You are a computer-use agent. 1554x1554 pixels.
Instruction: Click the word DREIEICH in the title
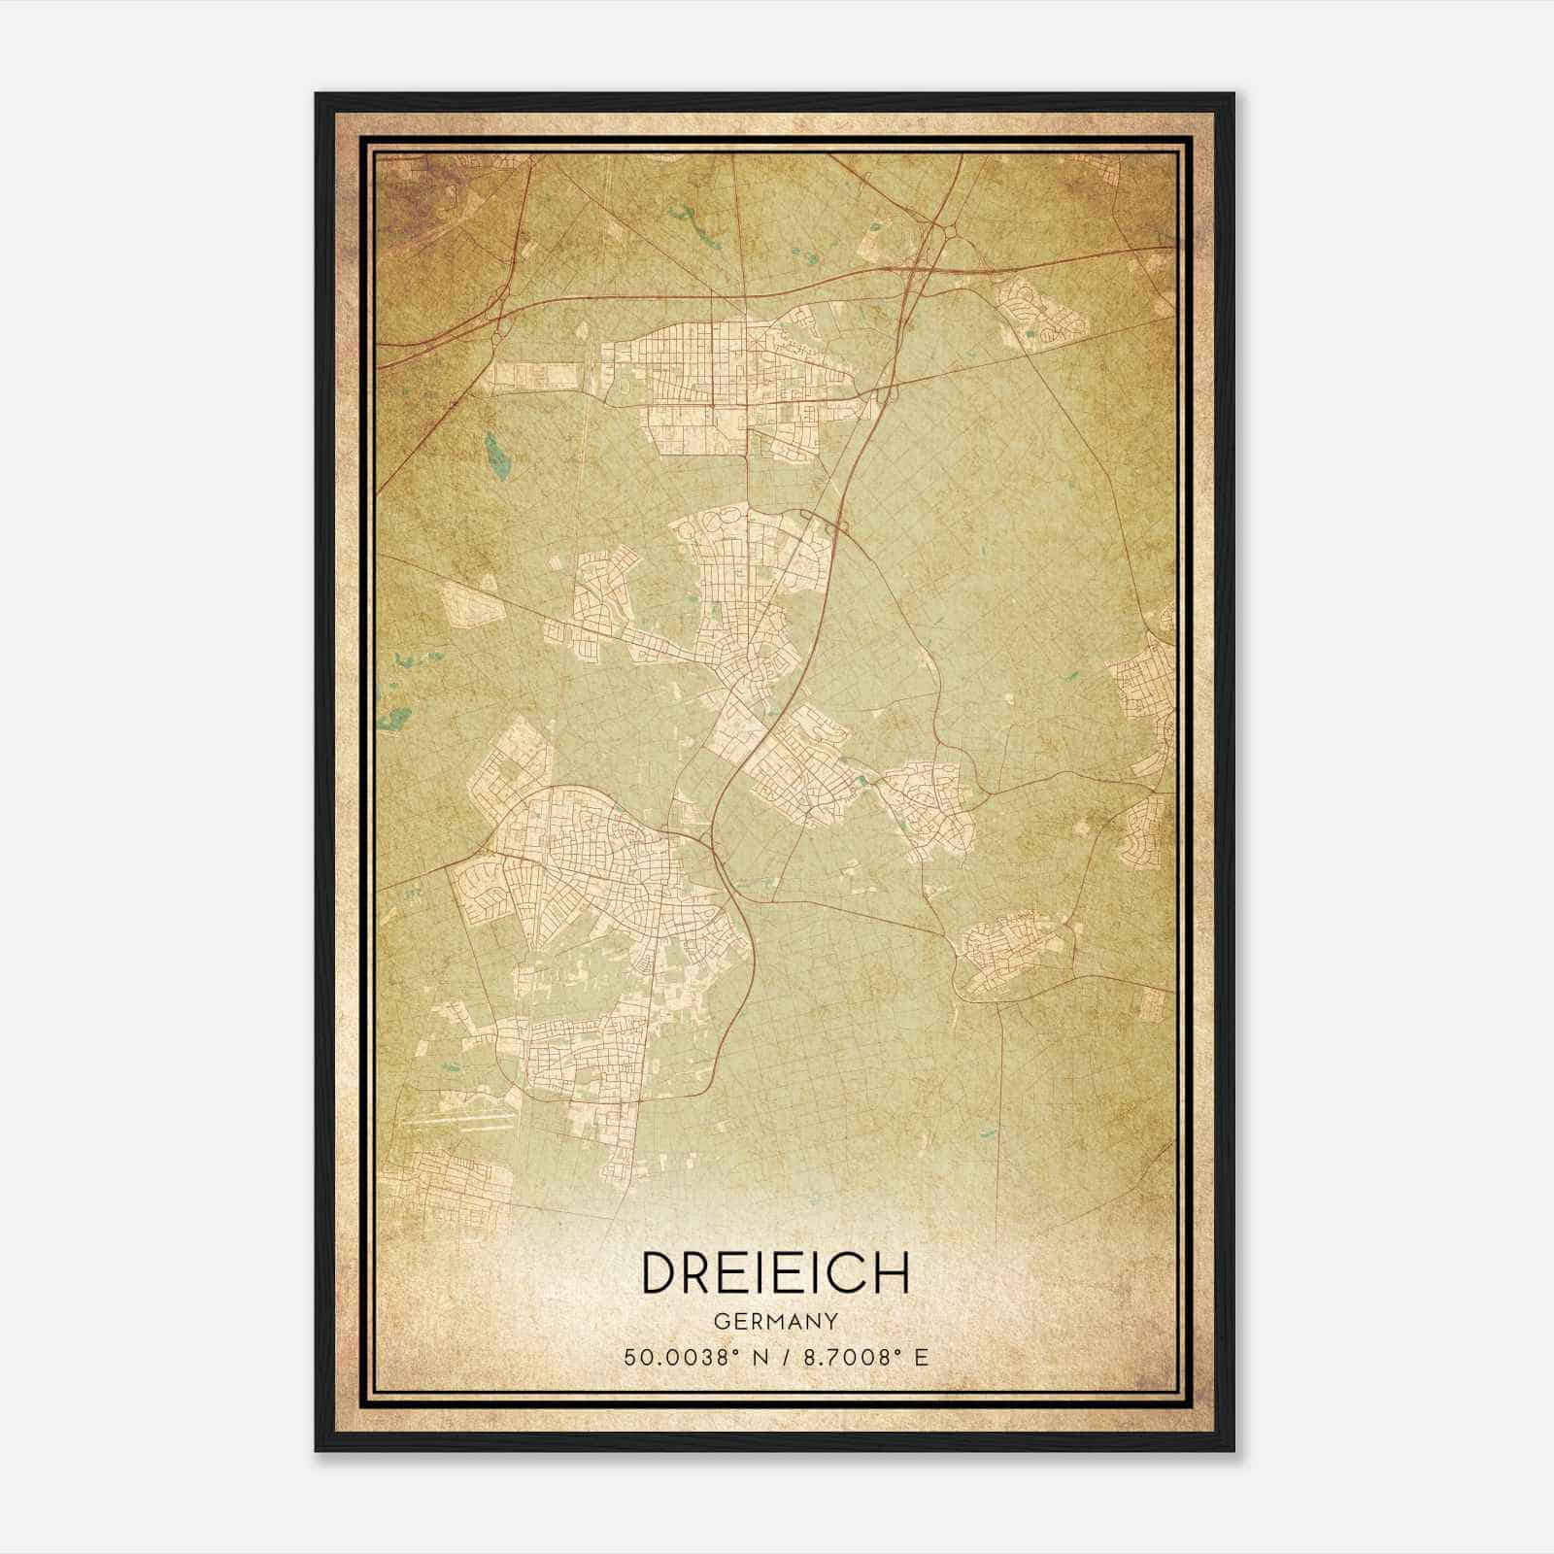pyautogui.click(x=775, y=1272)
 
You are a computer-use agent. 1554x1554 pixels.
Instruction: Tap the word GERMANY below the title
pyautogui.click(x=775, y=1322)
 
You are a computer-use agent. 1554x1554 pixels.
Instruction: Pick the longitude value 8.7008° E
pyautogui.click(x=859, y=1356)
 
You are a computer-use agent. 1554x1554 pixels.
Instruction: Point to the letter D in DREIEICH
pyautogui.click(x=658, y=1272)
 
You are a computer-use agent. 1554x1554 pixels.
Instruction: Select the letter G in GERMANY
pyautogui.click(x=720, y=1322)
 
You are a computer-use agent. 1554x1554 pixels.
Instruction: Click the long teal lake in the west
pyautogui.click(x=492, y=449)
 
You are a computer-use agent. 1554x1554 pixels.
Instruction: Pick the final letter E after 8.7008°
pyautogui.click(x=922, y=1356)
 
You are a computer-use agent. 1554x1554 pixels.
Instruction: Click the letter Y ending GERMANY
pyautogui.click(x=832, y=1322)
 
